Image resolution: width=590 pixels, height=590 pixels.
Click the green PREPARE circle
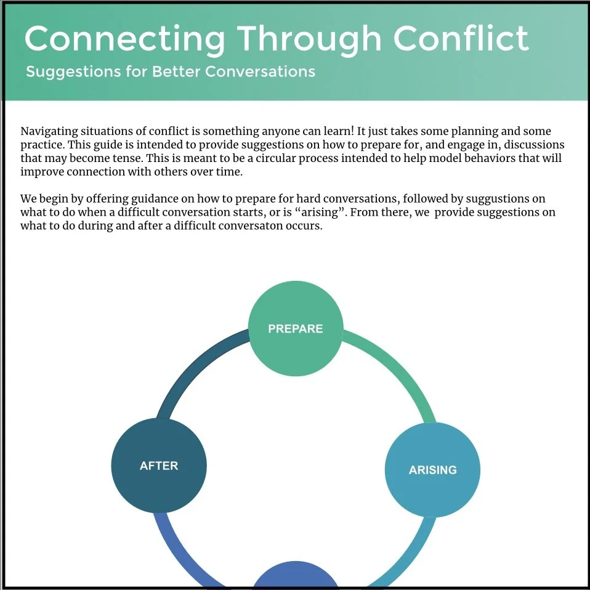click(x=295, y=329)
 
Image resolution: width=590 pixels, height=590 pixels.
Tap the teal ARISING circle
click(x=432, y=469)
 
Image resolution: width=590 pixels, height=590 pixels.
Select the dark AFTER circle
click(x=159, y=466)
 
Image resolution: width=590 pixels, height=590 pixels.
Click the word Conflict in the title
click(x=461, y=38)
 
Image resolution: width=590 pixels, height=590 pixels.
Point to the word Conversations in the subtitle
click(x=260, y=71)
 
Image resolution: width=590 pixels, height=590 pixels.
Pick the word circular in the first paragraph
click(x=332, y=158)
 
